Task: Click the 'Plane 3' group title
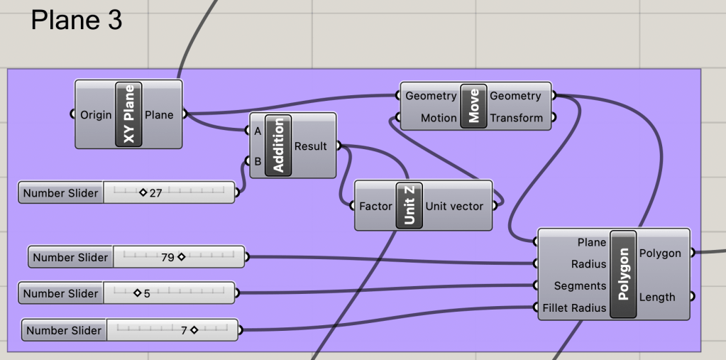click(77, 21)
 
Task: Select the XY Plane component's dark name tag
click(128, 114)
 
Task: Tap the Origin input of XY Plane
click(96, 114)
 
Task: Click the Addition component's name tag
click(278, 146)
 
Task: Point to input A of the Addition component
click(257, 131)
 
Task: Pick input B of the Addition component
click(257, 161)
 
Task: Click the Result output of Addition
click(310, 146)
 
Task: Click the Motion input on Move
click(438, 118)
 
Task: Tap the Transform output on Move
click(516, 118)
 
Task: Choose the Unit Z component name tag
click(409, 205)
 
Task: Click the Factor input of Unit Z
click(375, 206)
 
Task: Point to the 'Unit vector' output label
click(454, 206)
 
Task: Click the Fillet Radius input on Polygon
click(574, 307)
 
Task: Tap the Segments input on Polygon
click(580, 285)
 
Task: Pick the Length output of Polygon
click(656, 297)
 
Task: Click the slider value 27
click(155, 192)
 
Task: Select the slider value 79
click(167, 257)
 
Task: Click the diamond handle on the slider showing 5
click(137, 293)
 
